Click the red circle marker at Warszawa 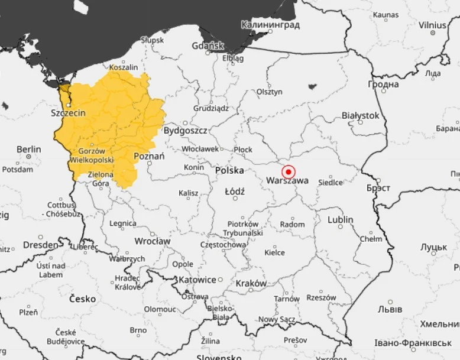coord(289,172)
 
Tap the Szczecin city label coord(68,113)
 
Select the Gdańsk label coord(208,46)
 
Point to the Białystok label coord(360,116)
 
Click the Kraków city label coord(251,283)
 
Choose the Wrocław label coord(152,241)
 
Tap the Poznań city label coord(149,156)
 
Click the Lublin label coord(341,220)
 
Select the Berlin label coord(29,150)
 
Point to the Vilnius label coord(432,25)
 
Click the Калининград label coord(270,25)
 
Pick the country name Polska coord(229,170)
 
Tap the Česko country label coord(82,299)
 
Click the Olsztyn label coord(270,92)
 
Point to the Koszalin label coord(124,68)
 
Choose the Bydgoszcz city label coord(185,130)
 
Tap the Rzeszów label coord(322,298)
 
